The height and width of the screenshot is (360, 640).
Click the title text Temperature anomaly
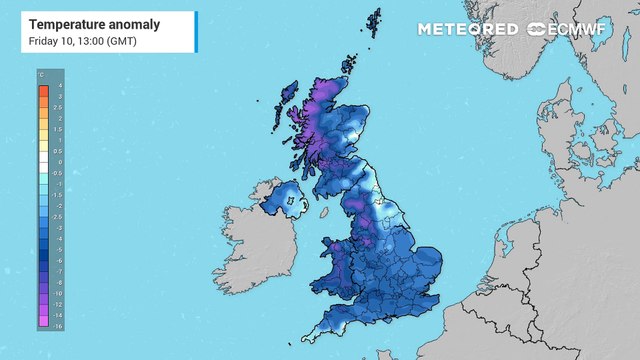coord(81,22)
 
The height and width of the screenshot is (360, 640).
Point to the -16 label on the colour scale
coord(60,326)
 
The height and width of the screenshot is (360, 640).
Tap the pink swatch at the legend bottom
coord(45,325)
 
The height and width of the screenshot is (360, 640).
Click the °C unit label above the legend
coord(41,75)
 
